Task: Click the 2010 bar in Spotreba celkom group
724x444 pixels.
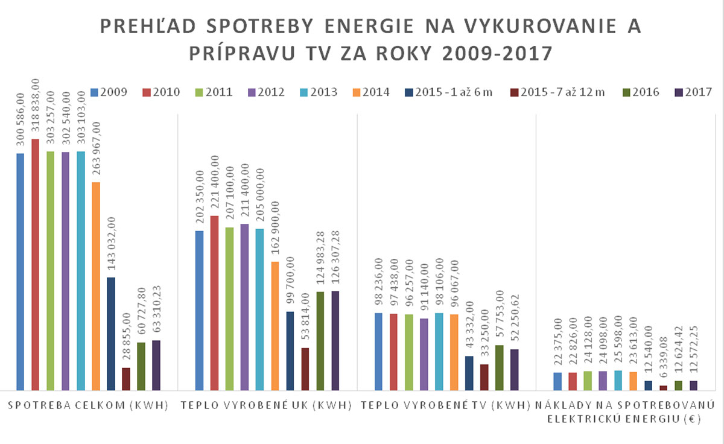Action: (x=35, y=265)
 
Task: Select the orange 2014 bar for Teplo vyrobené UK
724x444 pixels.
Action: (x=275, y=326)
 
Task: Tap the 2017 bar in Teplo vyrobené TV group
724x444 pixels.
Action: (x=514, y=370)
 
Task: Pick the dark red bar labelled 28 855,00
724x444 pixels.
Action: (x=125, y=379)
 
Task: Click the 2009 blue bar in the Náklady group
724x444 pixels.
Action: (x=557, y=381)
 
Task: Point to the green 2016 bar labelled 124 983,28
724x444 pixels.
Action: (x=320, y=341)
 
